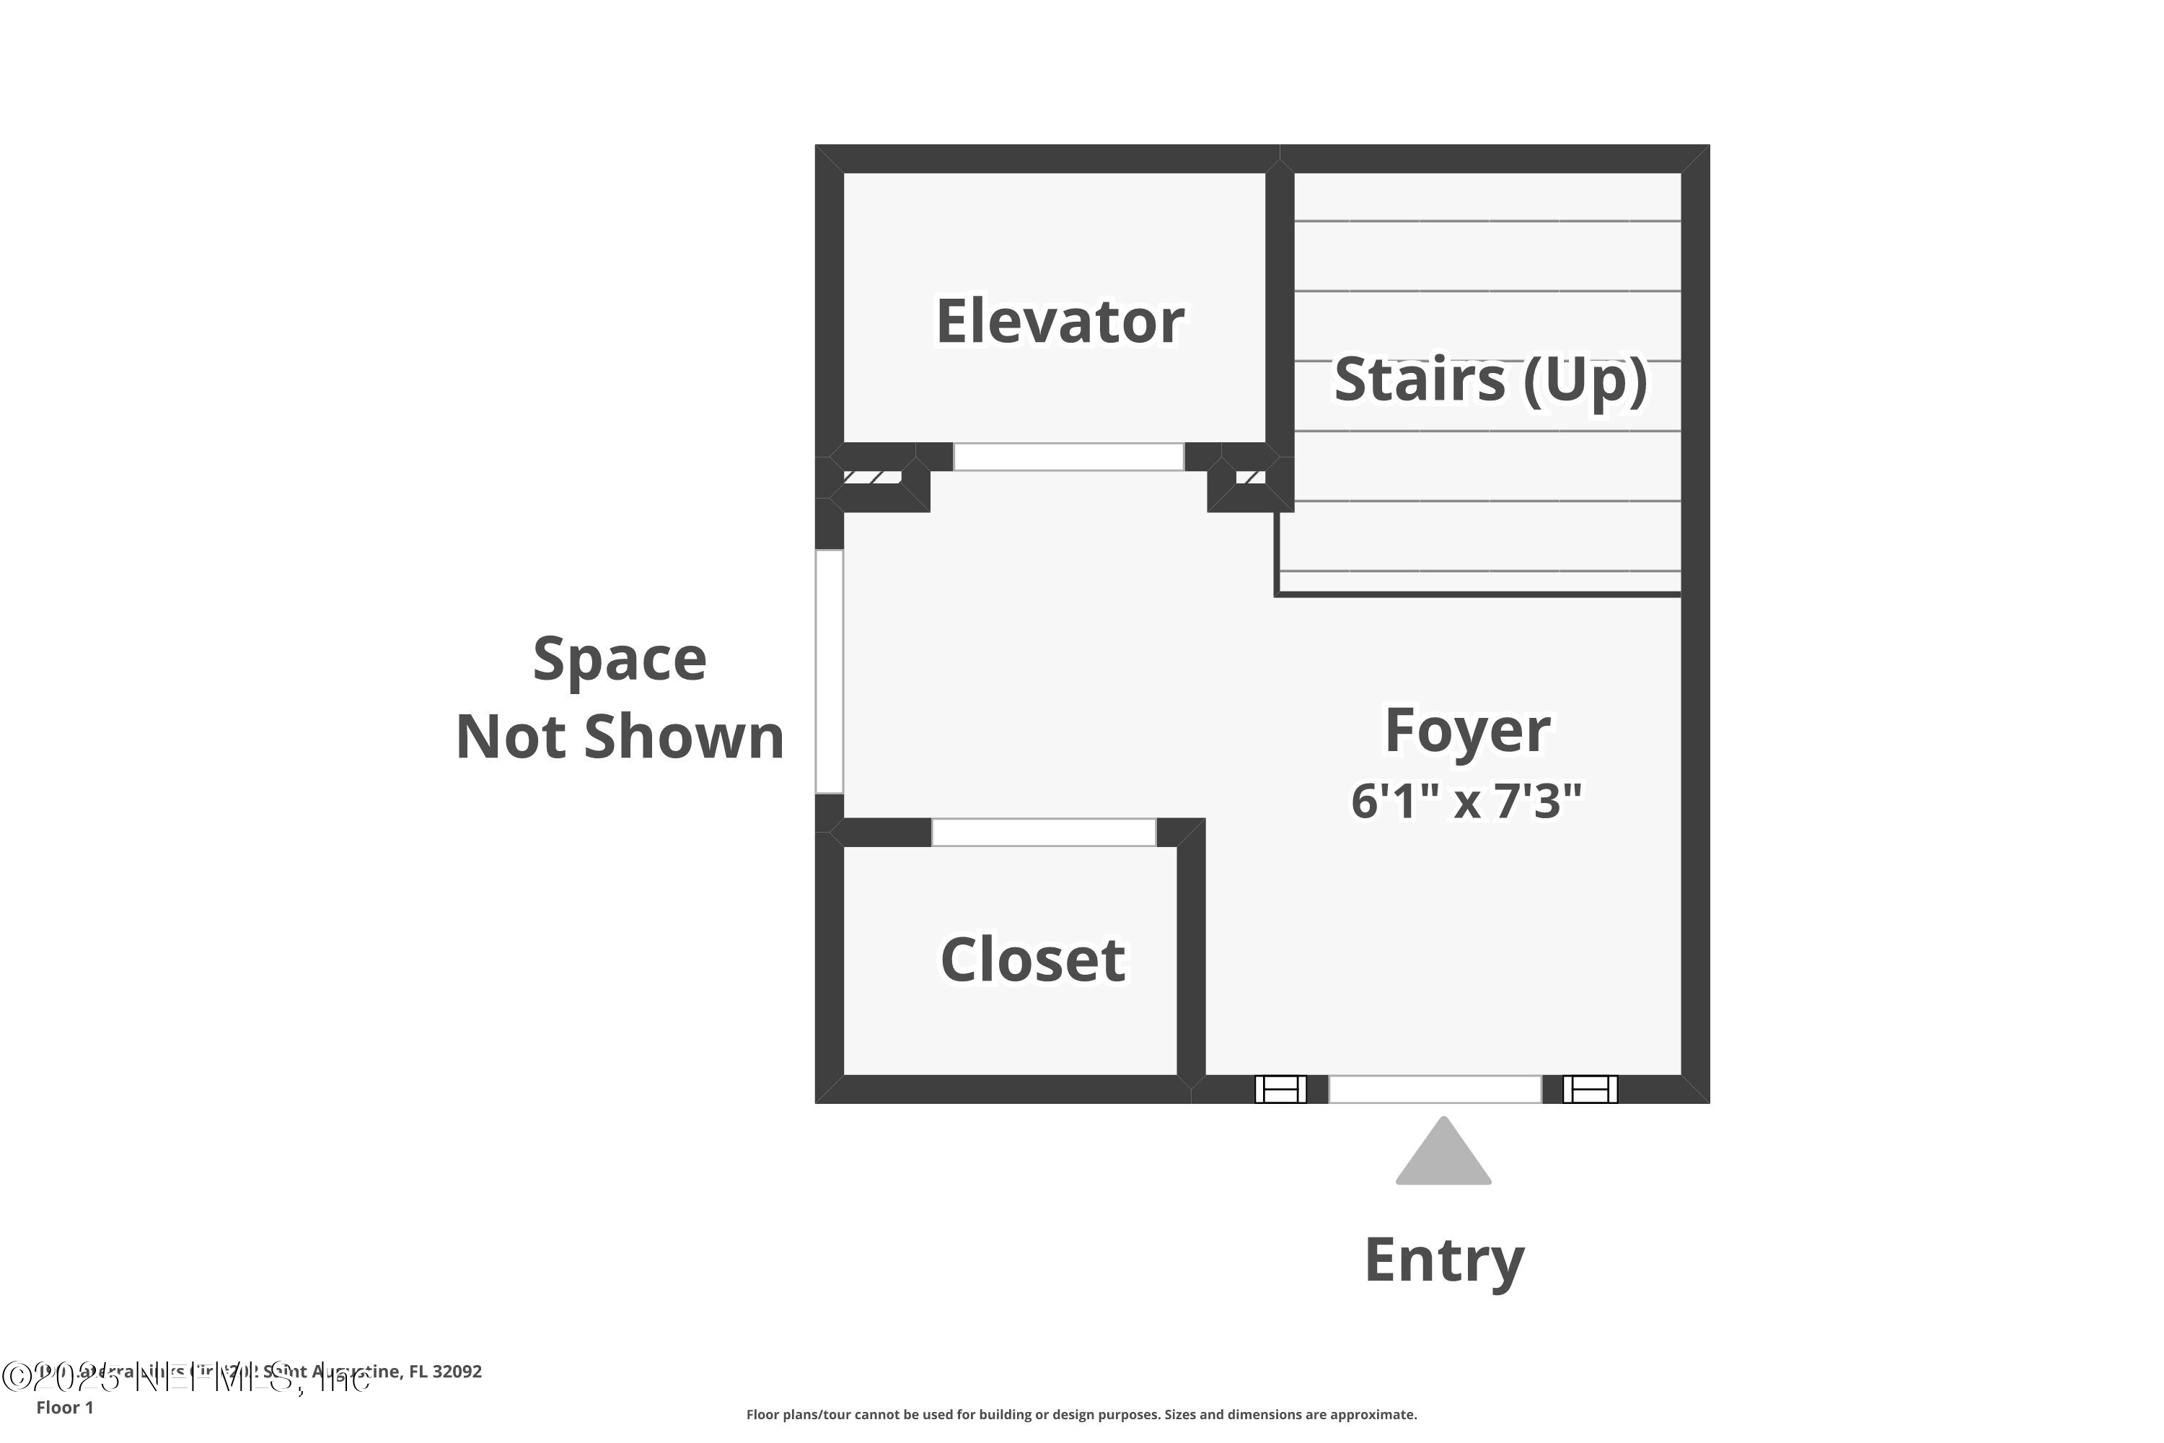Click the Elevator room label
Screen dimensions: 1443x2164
click(1059, 321)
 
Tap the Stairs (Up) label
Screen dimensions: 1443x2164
click(1490, 380)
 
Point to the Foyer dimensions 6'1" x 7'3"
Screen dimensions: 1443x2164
click(1466, 801)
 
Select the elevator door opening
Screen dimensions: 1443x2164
click(1068, 457)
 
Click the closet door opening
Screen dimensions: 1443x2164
click(1043, 832)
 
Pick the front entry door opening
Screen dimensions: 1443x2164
click(1435, 1089)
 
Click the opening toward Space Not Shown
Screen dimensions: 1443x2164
click(829, 671)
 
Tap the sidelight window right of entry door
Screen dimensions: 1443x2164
click(1589, 1089)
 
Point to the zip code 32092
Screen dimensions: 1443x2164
click(457, 1372)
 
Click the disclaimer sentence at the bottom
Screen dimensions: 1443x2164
click(1081, 1414)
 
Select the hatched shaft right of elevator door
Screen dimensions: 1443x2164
click(1249, 477)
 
